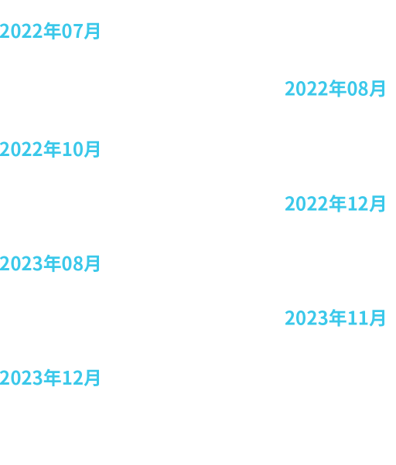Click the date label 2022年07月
(x=49, y=31)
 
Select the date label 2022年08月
(x=335, y=88)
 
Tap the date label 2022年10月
(x=49, y=149)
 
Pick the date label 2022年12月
(x=335, y=203)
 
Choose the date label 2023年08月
(x=49, y=263)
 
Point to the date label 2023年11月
(x=335, y=318)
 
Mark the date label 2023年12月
(x=49, y=378)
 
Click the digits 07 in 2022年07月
(x=71, y=32)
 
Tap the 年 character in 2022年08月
(x=338, y=88)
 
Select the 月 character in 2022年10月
(x=91, y=149)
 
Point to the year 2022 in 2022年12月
(x=306, y=204)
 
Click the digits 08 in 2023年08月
(x=71, y=264)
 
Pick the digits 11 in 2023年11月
(x=357, y=318)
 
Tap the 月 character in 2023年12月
(x=91, y=378)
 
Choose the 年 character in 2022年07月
(x=53, y=31)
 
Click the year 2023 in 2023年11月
(x=306, y=318)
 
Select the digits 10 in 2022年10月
(x=71, y=150)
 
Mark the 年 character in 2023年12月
(x=53, y=378)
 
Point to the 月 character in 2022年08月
(x=377, y=88)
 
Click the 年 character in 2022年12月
(x=338, y=203)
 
